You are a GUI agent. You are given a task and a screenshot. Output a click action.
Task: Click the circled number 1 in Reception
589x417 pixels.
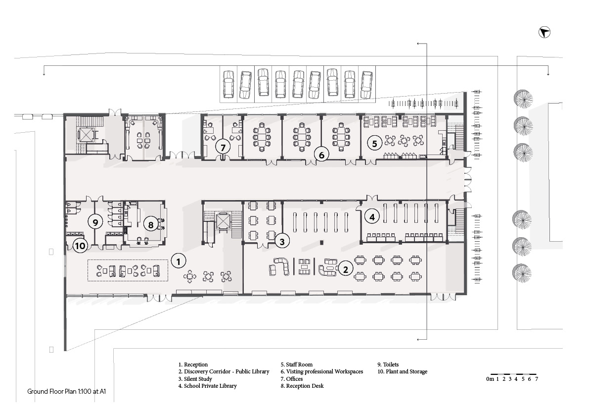click(179, 261)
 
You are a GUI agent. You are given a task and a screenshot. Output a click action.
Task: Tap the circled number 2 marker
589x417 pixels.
click(346, 269)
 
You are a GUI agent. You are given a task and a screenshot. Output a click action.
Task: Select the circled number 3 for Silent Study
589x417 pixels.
click(282, 241)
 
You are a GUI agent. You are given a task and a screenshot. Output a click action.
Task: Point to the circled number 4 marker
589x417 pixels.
click(372, 217)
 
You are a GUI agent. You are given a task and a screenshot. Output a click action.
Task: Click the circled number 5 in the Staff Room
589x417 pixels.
click(374, 143)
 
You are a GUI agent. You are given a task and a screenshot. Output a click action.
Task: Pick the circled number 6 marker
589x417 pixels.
click(321, 155)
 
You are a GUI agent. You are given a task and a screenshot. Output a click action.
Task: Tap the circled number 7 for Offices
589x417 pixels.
click(223, 147)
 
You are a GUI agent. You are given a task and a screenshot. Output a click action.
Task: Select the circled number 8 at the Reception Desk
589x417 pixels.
click(151, 225)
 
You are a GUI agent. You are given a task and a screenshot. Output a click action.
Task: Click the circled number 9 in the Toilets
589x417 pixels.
click(95, 222)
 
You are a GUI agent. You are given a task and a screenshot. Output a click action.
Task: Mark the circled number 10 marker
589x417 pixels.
click(80, 246)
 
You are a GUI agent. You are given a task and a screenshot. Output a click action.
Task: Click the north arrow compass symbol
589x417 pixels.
click(544, 33)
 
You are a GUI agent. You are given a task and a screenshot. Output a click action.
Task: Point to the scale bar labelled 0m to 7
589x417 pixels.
click(512, 377)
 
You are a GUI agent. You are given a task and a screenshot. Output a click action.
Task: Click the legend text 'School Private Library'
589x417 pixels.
click(210, 386)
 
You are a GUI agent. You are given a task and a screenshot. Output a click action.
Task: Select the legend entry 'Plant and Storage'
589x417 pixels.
click(407, 371)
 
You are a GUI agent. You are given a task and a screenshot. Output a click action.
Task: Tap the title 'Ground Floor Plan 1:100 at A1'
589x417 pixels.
click(66, 391)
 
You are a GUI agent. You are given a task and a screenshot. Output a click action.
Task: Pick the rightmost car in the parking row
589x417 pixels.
click(366, 85)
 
